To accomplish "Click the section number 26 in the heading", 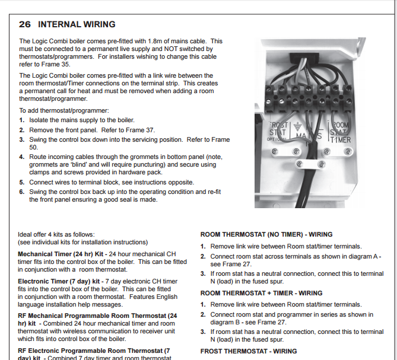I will [x=25, y=24].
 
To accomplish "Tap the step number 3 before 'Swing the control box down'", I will [x=22, y=140].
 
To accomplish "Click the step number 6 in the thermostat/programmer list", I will [x=22, y=192].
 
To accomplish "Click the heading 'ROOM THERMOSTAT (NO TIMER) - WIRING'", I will [x=266, y=234].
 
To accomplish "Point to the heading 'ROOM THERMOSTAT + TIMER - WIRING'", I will [x=261, y=293].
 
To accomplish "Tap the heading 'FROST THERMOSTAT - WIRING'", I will [x=249, y=351].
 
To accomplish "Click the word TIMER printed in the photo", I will [x=340, y=141].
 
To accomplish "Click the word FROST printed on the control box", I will [x=279, y=125].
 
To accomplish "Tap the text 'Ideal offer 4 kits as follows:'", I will [x=56, y=234].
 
